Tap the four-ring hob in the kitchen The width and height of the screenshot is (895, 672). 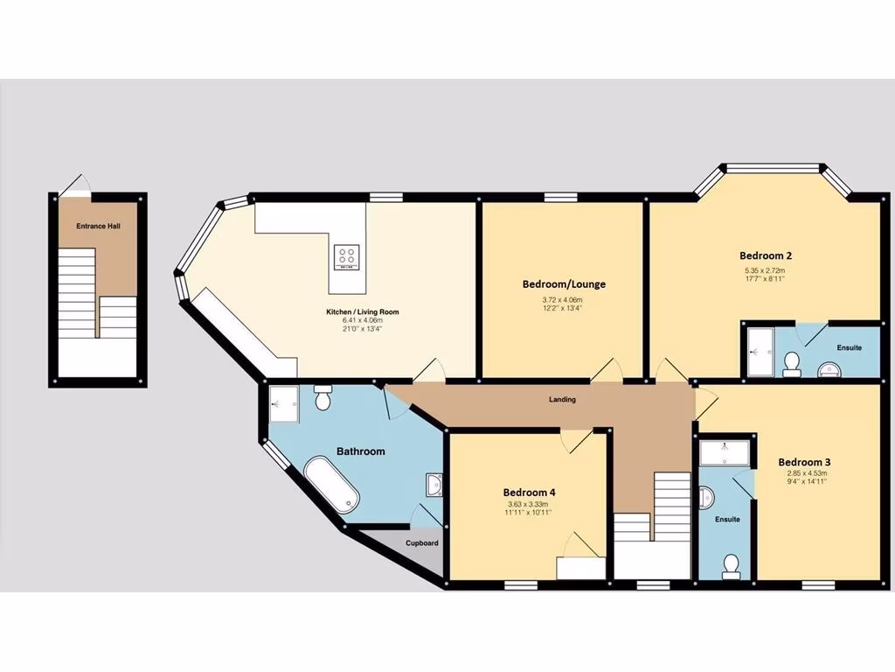pos(346,256)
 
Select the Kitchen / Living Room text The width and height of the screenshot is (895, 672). pos(363,311)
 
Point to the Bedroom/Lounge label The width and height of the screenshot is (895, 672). pos(564,284)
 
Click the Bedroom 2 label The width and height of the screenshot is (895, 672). pos(766,255)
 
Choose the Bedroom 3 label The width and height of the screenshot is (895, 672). pos(804,462)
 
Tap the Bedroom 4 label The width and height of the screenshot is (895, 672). pos(530,493)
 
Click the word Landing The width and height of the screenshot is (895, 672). pos(562,400)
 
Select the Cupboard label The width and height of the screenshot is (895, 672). pos(421,542)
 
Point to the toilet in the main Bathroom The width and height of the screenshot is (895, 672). pos(321,399)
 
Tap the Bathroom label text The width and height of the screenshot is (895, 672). pos(361,451)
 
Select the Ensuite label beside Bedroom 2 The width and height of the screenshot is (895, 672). pos(849,347)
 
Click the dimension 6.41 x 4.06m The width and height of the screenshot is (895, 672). pos(362,320)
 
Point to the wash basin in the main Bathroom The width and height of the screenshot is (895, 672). pos(434,484)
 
